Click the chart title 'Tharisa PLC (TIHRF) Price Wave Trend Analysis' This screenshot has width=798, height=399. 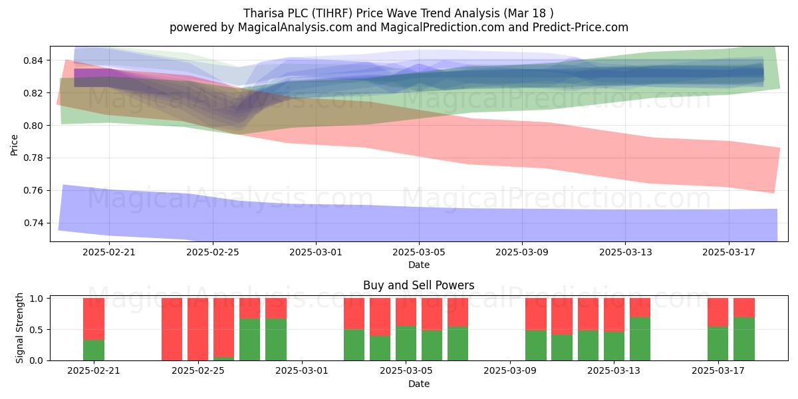(372, 13)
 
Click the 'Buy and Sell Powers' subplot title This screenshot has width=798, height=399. (418, 285)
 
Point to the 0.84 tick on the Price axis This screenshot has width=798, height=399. (33, 61)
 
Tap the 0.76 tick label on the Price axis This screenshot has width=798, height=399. (33, 191)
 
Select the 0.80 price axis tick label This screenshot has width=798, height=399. (33, 126)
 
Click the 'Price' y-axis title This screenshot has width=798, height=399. (14, 145)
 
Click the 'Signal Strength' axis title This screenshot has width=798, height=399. (19, 328)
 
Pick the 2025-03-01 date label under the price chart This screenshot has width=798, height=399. (316, 252)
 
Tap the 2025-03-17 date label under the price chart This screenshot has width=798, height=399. (729, 252)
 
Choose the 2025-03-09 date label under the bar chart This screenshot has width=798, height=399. (510, 371)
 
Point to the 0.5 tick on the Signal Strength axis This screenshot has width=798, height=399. (36, 330)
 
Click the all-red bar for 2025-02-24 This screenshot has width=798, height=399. (172, 329)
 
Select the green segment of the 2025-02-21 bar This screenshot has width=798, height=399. (94, 350)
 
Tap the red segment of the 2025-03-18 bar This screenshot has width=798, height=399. (744, 308)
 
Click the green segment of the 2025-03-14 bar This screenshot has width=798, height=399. (640, 338)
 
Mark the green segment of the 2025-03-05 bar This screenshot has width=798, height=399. (406, 343)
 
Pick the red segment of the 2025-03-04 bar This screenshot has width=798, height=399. (380, 317)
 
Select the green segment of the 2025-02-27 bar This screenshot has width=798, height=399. (250, 340)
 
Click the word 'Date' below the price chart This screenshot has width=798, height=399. (418, 265)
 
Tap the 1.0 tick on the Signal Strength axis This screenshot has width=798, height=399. (36, 299)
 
